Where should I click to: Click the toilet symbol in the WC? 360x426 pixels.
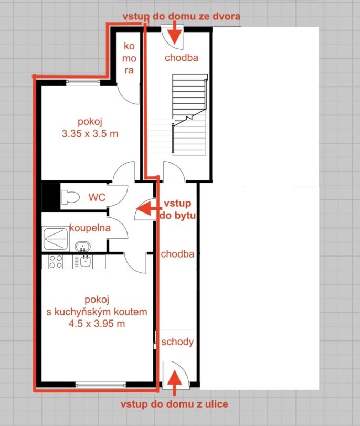[70, 197]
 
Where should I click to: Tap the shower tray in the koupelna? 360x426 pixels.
[56, 239]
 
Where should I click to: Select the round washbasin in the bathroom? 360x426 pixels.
[82, 246]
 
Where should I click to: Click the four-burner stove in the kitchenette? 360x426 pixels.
[56, 261]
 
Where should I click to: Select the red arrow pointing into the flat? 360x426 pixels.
[149, 209]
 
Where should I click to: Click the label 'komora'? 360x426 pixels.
[129, 58]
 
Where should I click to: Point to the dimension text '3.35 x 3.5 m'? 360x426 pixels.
[90, 134]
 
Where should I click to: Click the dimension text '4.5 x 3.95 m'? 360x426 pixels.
[97, 324]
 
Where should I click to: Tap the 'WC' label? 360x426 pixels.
[97, 197]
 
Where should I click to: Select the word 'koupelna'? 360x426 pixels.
[90, 228]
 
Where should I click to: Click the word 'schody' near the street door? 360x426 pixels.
[177, 342]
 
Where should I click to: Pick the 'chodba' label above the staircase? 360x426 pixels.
[182, 58]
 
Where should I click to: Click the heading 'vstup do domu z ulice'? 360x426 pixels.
[174, 404]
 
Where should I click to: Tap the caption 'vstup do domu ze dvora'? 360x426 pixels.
[182, 16]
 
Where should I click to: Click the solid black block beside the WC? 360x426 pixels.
[51, 196]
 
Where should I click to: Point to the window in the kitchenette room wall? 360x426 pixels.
[101, 384]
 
